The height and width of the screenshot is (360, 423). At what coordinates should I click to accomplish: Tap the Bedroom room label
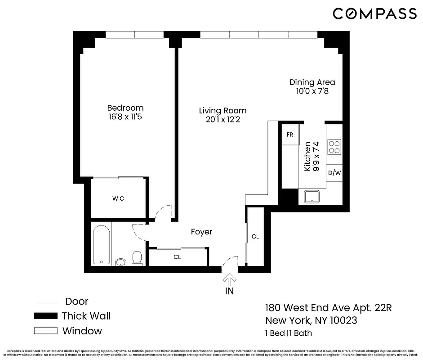point(125,108)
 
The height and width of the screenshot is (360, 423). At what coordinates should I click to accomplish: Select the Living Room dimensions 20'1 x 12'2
point(223,120)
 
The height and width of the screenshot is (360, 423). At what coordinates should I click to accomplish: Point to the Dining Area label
point(312,82)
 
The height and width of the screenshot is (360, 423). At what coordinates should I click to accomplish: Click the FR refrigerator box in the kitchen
point(289,135)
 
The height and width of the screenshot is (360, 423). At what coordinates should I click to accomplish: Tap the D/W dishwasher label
point(334,173)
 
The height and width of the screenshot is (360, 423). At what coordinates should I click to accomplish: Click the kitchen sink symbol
point(311,197)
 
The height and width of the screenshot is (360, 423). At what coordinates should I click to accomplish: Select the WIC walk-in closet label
point(118,198)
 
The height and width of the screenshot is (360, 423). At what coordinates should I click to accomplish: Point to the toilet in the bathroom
point(137,258)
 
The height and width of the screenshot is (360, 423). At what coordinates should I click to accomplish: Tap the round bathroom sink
point(120,261)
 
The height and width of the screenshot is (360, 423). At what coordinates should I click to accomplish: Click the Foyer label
point(201,232)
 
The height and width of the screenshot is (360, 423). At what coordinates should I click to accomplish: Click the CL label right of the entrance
point(255,236)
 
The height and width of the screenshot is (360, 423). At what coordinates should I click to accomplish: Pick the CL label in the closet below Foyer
point(178,257)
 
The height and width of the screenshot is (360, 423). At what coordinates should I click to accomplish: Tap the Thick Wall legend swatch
point(46,316)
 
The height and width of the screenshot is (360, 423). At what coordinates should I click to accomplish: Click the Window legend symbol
point(46,331)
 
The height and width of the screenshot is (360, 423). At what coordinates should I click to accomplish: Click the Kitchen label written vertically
point(307,156)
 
